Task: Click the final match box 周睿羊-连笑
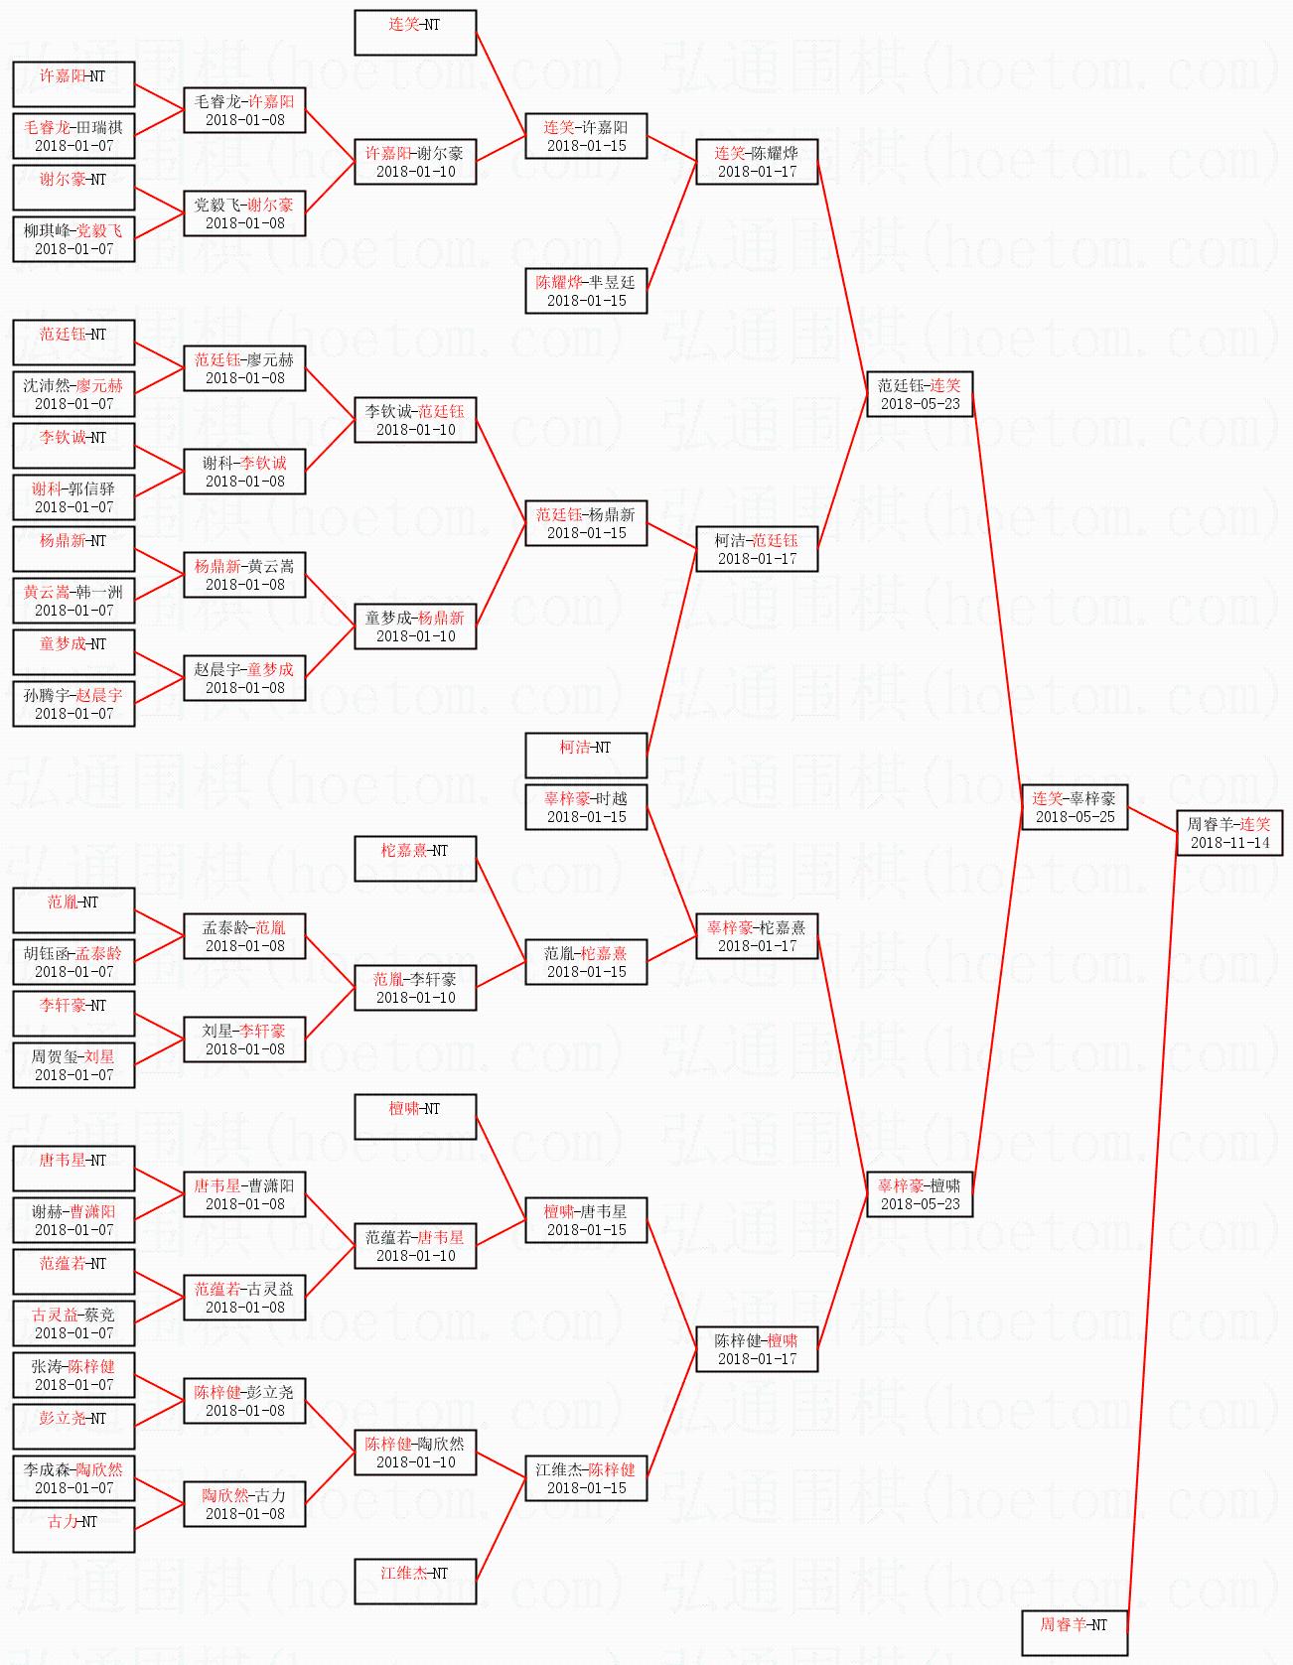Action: coord(1229,833)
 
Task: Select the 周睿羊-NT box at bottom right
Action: coord(1075,1633)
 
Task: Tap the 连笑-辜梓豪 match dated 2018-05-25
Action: coord(1075,806)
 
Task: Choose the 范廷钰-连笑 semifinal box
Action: coord(920,394)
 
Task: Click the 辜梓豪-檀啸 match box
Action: coord(920,1194)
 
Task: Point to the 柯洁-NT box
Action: coord(586,756)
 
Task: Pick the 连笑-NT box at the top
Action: coord(415,33)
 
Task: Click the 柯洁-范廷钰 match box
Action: coord(757,549)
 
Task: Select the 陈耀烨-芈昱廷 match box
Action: coord(586,291)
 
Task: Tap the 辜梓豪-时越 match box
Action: coord(586,806)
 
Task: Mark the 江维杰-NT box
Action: coord(415,1582)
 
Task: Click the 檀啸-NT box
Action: coord(415,1117)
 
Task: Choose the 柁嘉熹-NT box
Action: coord(415,859)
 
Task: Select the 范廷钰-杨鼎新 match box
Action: coord(586,523)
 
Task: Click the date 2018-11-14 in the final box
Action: coord(1229,843)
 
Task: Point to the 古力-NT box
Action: coord(73,1530)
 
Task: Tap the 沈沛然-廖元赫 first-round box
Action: coord(73,394)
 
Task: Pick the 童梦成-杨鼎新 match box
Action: coord(415,626)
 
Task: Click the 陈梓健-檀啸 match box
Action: coord(757,1349)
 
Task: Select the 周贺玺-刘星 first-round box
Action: coord(73,1065)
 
